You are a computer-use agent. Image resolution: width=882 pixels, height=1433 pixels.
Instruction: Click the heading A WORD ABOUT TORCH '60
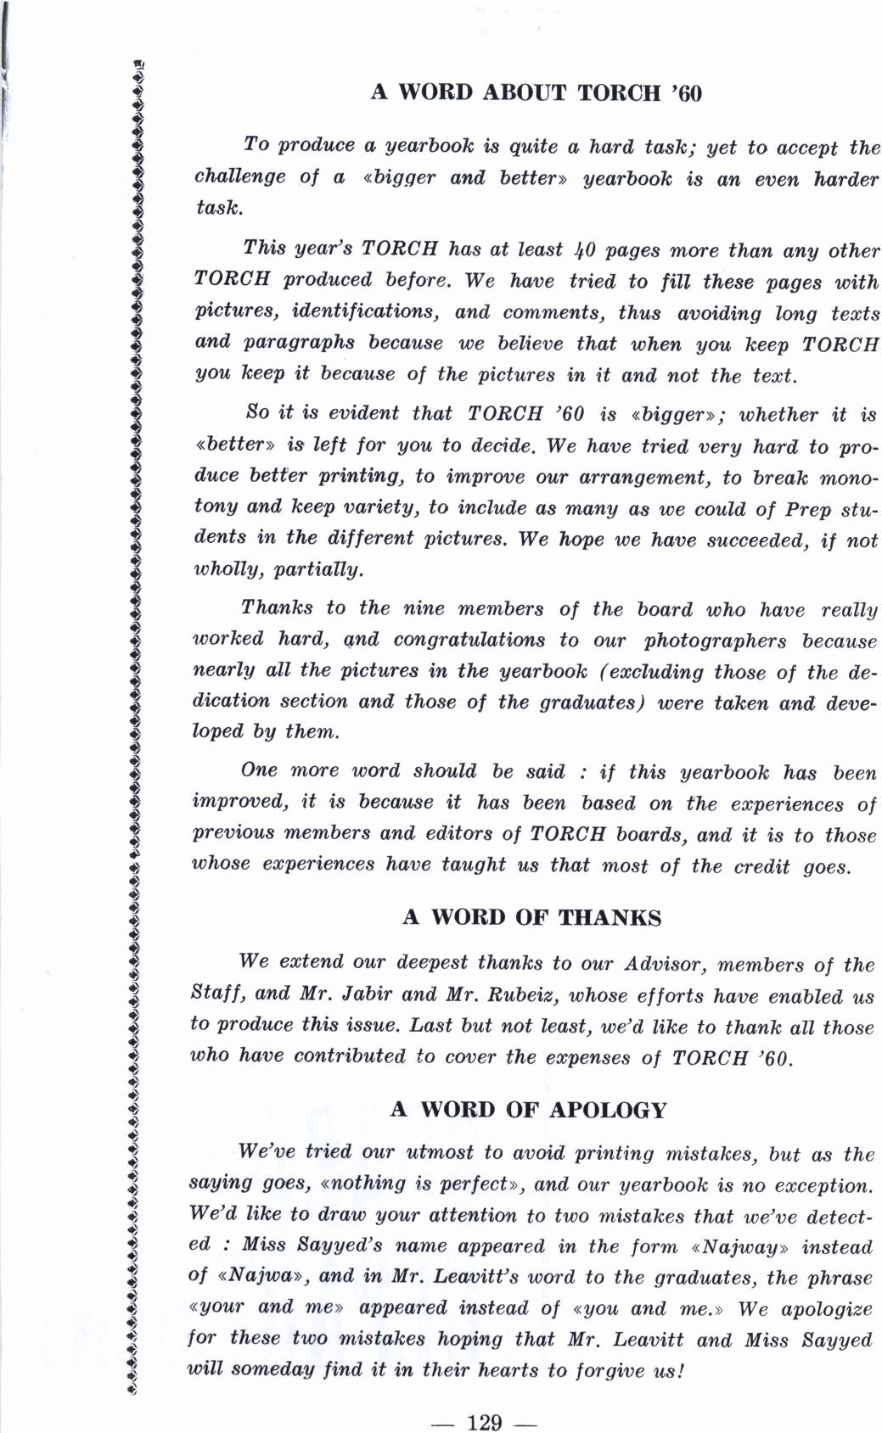[x=537, y=92]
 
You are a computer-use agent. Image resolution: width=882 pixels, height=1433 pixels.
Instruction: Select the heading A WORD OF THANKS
[x=531, y=917]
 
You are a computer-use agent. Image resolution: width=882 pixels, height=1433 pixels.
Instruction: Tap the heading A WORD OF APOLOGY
[x=528, y=1110]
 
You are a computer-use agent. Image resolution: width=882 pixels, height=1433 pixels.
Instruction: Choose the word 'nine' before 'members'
[x=423, y=608]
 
